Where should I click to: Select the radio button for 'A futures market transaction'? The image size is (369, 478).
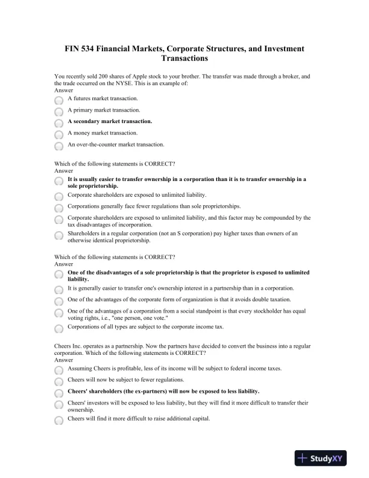[58, 101]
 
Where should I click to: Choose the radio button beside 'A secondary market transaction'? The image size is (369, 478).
[58, 123]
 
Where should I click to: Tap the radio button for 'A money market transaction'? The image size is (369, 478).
[58, 135]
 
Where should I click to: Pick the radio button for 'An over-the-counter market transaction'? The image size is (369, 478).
[58, 147]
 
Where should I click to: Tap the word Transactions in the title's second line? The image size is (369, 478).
[184, 59]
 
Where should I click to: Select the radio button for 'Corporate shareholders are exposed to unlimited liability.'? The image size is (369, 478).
[58, 197]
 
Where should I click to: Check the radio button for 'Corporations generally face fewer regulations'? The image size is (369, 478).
[58, 208]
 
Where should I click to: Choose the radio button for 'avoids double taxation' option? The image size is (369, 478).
[58, 301]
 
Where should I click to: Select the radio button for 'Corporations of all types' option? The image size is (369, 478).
[58, 328]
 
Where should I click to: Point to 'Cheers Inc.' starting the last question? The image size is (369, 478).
[69, 346]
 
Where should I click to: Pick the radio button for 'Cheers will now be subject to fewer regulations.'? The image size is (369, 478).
[58, 382]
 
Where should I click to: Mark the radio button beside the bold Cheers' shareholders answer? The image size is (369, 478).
[58, 393]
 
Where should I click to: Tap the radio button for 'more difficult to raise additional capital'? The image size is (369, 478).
[58, 421]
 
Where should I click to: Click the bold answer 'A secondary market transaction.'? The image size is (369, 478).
[110, 121]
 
